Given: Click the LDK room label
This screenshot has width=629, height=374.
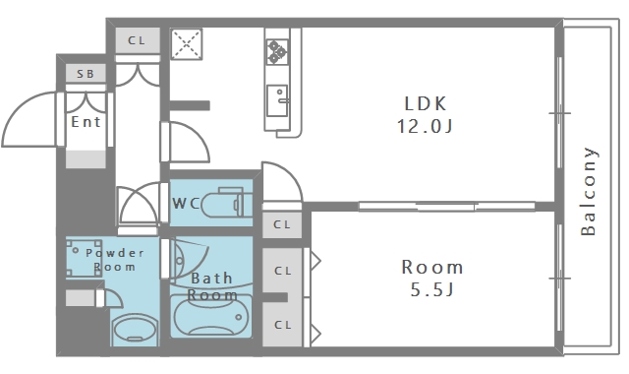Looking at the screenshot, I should (x=425, y=102).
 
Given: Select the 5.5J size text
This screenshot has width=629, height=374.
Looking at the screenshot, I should (x=432, y=290).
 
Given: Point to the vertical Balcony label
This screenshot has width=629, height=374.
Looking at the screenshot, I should (x=589, y=191).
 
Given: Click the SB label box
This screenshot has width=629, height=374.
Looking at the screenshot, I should (x=86, y=74).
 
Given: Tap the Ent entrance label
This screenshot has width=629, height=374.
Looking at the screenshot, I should (x=86, y=122).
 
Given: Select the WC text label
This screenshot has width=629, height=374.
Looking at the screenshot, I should (x=187, y=203).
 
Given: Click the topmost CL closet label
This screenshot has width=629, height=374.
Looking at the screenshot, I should (x=137, y=40).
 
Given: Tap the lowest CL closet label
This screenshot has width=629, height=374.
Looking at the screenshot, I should (x=282, y=324).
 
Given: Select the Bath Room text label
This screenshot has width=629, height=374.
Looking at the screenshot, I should (x=212, y=286).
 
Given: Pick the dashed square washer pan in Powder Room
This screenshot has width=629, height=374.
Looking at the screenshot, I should (x=85, y=258).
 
